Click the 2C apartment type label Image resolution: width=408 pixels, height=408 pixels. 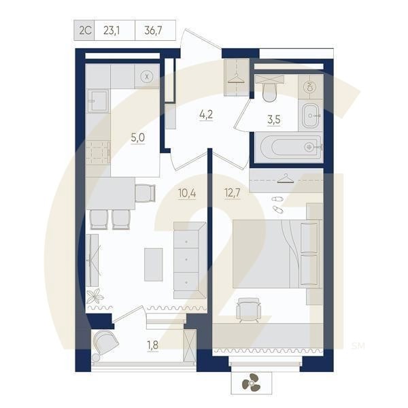[85, 30]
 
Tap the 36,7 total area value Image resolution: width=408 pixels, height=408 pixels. [154, 30]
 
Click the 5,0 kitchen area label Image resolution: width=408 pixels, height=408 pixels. [137, 137]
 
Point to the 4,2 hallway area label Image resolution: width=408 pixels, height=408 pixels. [206, 114]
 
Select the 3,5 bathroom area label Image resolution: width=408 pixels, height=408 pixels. [273, 120]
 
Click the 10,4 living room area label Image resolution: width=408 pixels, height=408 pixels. [187, 192]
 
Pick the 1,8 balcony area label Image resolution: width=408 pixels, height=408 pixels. [153, 345]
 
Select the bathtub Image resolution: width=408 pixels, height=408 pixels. [287, 146]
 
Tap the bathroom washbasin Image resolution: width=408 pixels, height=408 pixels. [311, 116]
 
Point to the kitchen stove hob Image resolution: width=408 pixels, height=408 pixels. [98, 152]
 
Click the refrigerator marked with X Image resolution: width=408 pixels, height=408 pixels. [146, 76]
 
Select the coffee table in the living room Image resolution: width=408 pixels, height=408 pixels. [154, 264]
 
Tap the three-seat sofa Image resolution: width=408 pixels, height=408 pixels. [188, 260]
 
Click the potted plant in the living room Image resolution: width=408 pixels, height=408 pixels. [95, 296]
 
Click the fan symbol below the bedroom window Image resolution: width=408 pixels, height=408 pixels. [251, 384]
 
